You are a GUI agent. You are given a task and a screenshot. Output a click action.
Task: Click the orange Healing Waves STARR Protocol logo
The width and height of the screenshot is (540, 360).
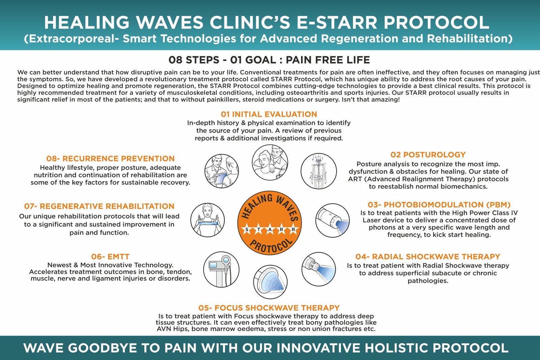270,223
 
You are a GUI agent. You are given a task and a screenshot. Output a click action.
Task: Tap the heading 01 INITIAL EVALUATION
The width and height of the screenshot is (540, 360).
269,114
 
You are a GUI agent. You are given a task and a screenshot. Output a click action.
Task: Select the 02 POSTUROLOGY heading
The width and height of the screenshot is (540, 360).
428,155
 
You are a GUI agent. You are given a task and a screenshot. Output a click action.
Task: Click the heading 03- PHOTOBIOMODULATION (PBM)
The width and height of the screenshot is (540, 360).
439,205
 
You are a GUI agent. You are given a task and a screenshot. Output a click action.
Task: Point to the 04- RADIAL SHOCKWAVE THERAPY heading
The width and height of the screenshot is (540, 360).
428,257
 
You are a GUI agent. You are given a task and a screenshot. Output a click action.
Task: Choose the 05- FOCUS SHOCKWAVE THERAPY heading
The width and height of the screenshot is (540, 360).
269,308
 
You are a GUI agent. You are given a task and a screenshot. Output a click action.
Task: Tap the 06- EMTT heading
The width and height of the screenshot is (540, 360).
110,257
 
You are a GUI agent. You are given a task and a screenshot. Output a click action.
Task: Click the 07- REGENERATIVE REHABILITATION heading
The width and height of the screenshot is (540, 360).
99,206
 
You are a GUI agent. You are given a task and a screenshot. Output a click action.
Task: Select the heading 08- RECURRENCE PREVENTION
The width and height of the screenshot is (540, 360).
110,159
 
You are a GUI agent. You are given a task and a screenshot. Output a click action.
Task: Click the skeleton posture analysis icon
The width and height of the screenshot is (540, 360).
319,171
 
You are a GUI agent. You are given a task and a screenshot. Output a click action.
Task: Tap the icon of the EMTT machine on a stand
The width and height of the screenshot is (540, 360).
221,269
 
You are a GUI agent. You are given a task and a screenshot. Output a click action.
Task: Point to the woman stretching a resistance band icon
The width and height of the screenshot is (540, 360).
207,220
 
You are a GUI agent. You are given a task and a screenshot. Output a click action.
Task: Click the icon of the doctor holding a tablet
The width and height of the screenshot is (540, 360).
221,171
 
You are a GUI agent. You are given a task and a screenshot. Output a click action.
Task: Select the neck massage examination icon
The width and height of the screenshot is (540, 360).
270,162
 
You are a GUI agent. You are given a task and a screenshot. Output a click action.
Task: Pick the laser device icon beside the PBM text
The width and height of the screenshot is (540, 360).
332,220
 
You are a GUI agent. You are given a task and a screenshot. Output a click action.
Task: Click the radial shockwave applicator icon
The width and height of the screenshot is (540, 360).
319,269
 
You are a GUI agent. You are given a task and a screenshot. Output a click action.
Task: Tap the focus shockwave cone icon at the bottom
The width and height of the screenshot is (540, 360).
270,282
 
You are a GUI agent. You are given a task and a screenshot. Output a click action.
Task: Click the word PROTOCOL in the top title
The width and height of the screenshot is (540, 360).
436,23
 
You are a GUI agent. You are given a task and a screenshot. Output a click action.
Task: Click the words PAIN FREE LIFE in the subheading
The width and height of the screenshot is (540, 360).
328,60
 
